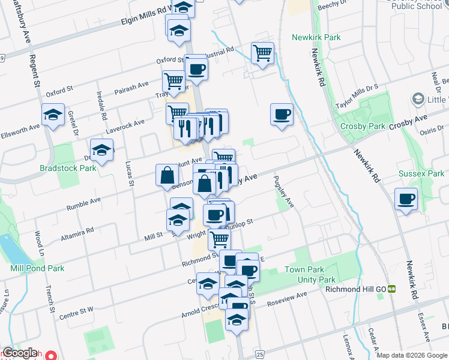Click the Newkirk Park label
coord(316,37)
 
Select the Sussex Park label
coord(421,174)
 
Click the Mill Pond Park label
coord(37,268)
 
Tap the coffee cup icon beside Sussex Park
coord(406,199)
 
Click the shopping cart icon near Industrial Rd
coord(262,53)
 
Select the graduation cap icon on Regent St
coord(53,115)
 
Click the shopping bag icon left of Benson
coord(167,176)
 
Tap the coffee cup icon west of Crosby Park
coord(281,115)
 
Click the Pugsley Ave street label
coord(283,192)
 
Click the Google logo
coord(20,353)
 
